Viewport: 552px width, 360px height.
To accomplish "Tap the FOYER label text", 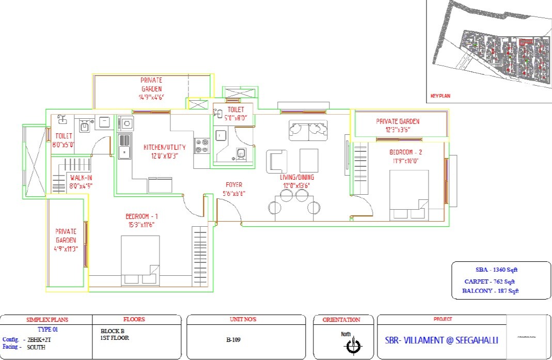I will (234, 189).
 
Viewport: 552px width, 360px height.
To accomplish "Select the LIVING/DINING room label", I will (298, 181).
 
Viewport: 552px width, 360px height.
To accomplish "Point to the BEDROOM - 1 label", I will (141, 220).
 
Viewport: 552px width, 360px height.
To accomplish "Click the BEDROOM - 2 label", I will (406, 156).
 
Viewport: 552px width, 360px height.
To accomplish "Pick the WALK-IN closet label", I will (81, 181).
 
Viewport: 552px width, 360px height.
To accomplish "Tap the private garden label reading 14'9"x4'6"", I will (151, 88).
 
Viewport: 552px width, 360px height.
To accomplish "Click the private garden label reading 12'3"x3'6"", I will (398, 125).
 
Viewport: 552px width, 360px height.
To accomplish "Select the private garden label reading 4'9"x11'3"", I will (66, 240).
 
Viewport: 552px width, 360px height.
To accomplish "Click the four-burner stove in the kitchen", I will (201, 146).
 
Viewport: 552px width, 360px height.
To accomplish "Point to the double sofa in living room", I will (308, 130).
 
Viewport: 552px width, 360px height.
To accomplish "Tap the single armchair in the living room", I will (277, 161).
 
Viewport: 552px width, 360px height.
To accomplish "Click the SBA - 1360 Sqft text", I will (497, 270).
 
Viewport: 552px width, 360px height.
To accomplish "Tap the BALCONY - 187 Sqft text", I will (491, 291).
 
